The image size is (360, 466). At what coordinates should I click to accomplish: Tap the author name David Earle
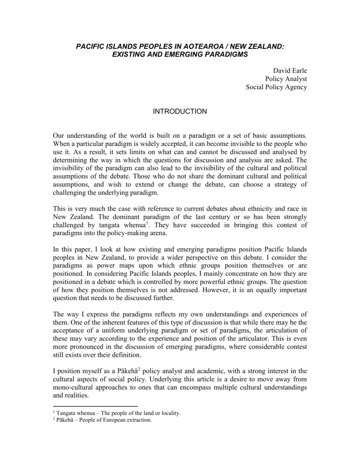290,71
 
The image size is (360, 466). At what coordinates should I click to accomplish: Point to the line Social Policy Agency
276,87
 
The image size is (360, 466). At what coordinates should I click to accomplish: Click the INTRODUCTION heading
180,111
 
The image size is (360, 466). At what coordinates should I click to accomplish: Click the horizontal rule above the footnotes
95,406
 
